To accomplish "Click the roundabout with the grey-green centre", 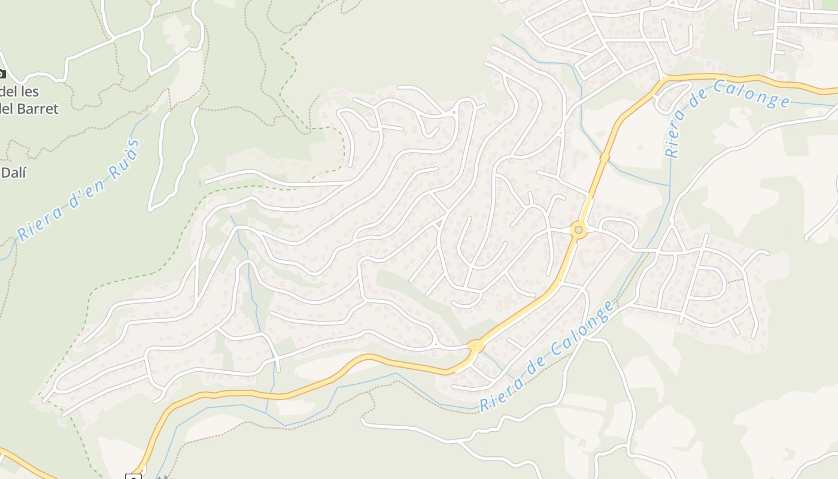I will [578, 230].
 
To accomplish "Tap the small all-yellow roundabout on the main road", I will [475, 346].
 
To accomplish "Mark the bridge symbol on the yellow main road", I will [605, 157].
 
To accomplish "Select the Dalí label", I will [14, 173].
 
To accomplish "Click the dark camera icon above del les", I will [1, 74].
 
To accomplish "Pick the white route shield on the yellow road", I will [133, 477].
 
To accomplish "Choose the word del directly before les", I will [7, 92].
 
